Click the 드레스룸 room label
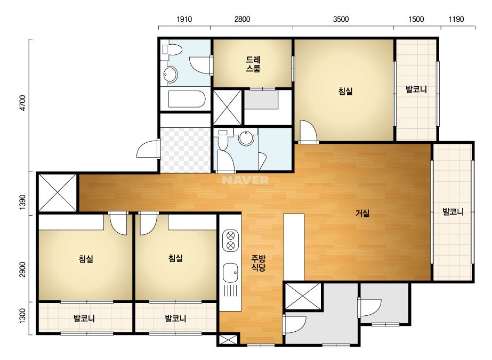coord(253,64)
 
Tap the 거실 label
coord(362,213)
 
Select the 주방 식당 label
coord(258,263)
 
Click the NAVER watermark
coord(245,180)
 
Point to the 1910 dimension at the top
coord(184,19)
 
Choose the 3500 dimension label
coord(341,19)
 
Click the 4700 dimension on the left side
coord(22,103)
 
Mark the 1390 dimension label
coord(22,202)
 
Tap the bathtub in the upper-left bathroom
coord(187,99)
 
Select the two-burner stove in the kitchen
coord(230,240)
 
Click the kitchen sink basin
coord(230,273)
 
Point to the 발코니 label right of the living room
coord(453,211)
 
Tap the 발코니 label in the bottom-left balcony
coord(84,318)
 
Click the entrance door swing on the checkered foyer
coord(148,149)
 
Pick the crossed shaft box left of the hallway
coord(58,193)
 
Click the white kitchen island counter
coord(294,247)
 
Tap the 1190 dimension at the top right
coord(456,19)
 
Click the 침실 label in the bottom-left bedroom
coord(86,259)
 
